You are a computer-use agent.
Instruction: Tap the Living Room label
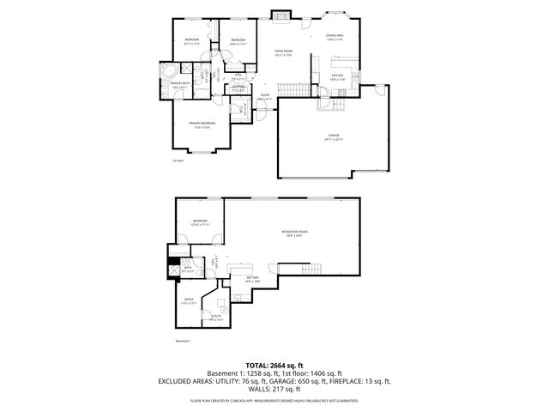(284, 52)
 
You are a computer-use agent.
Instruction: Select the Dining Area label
(335, 36)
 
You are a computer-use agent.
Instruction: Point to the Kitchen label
(337, 76)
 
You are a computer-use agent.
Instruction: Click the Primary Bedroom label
(202, 124)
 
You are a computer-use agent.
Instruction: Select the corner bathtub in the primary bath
(166, 70)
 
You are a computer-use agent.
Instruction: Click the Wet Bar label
(254, 278)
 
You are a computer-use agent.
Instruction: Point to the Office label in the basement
(188, 300)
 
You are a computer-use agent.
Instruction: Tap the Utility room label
(215, 317)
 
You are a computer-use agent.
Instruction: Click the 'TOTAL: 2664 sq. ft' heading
(274, 365)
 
